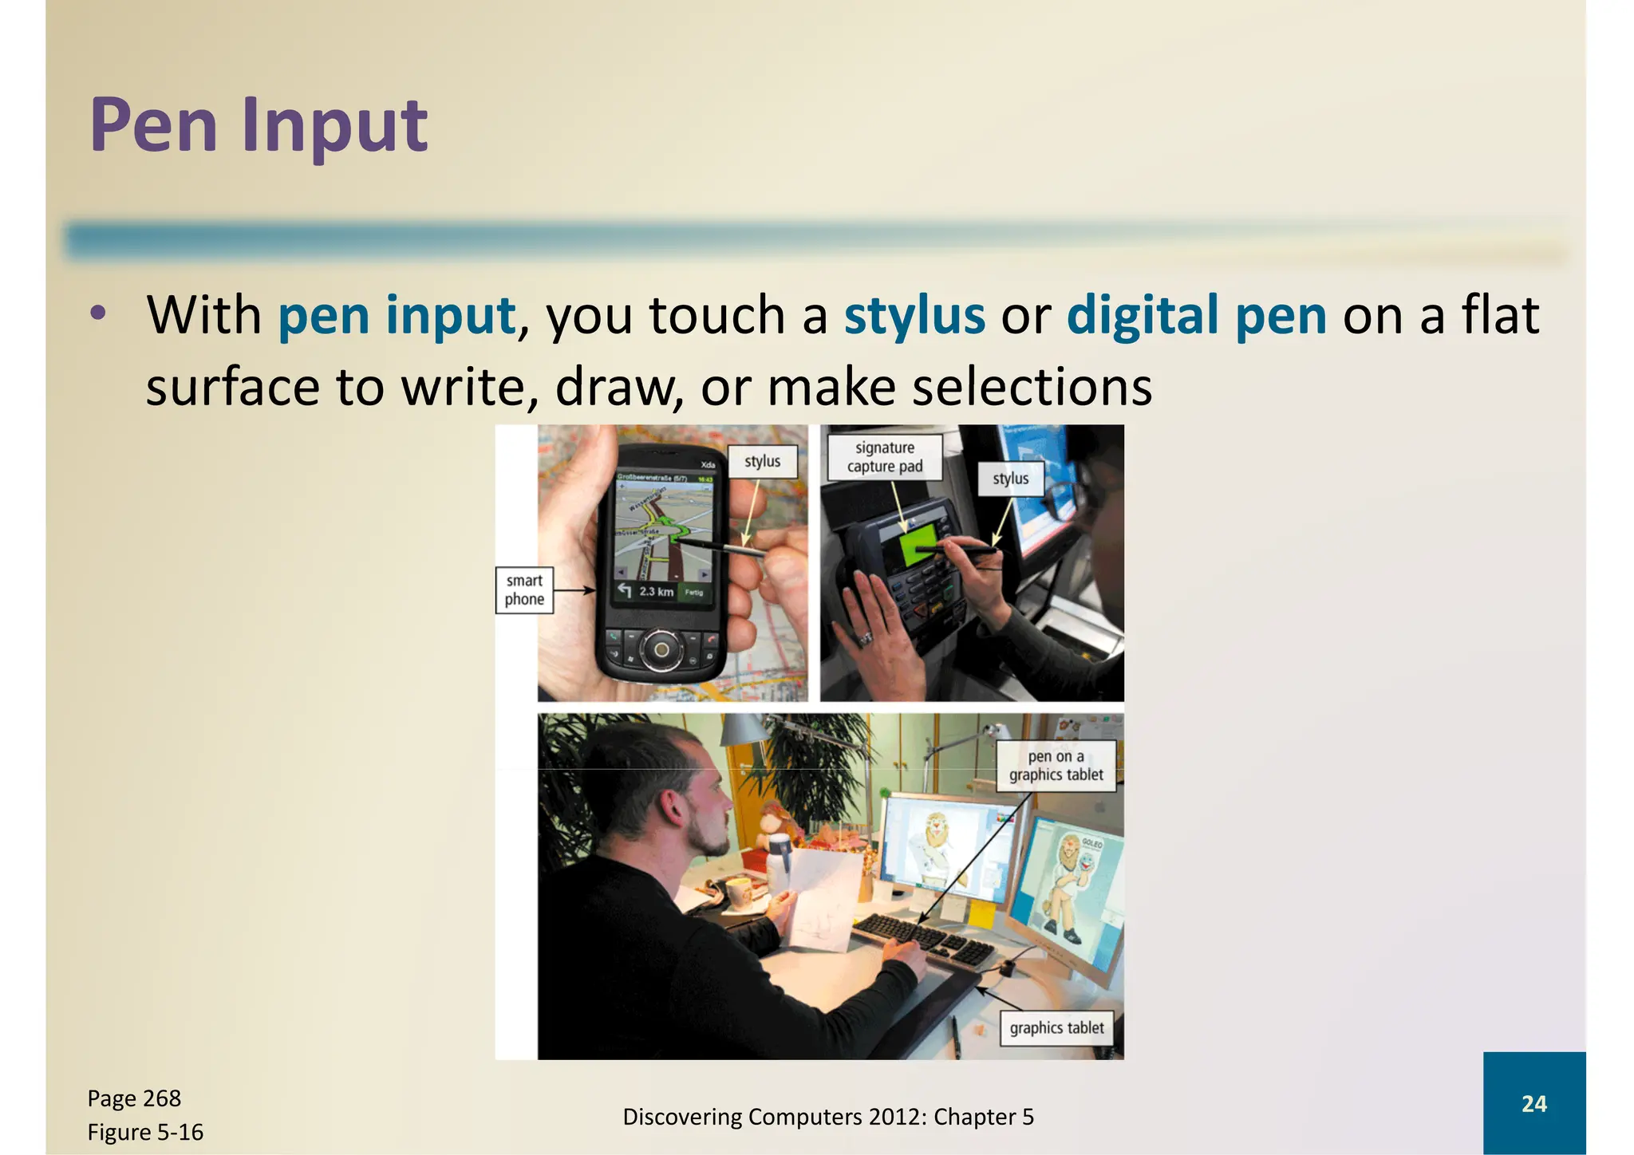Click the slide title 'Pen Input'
click(259, 125)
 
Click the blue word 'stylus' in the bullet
click(914, 315)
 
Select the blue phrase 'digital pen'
click(1196, 315)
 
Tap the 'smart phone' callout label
click(524, 590)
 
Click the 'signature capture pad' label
click(884, 457)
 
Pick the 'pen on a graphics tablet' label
click(1056, 766)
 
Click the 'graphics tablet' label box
click(1056, 1028)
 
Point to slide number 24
click(1533, 1104)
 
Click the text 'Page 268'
click(134, 1098)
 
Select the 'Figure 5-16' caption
click(145, 1132)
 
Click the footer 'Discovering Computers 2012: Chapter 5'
click(827, 1117)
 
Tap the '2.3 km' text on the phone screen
click(656, 591)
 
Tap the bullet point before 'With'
click(97, 313)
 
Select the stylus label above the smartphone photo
click(762, 461)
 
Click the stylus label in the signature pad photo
click(1010, 479)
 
